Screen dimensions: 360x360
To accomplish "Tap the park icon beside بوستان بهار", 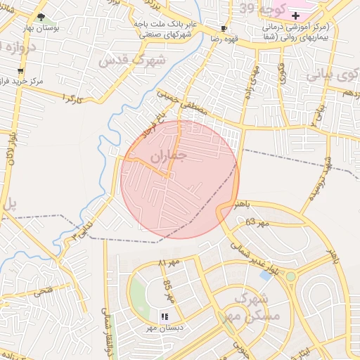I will click(x=41, y=17).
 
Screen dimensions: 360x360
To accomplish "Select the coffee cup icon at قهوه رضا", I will click(x=224, y=29).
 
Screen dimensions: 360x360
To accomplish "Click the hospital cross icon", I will click(x=295, y=15).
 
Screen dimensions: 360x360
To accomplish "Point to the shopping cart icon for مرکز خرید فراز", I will click(x=20, y=71).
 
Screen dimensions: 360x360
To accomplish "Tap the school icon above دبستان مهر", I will click(x=167, y=316).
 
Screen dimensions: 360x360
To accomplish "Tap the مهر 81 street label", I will click(x=169, y=263).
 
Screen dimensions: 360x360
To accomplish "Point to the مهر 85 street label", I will click(x=168, y=289).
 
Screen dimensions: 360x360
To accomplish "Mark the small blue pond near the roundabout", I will click(x=266, y=275).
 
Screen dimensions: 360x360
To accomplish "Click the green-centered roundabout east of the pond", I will click(x=290, y=276).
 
